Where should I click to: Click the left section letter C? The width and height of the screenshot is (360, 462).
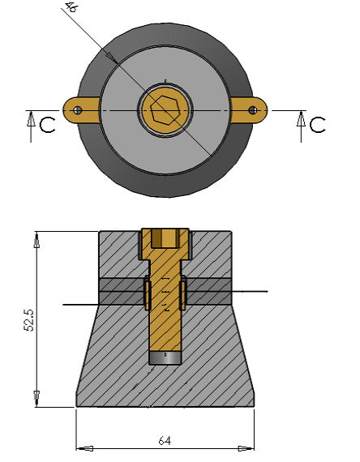[x=48, y=124]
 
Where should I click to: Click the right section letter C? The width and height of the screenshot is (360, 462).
[x=318, y=124]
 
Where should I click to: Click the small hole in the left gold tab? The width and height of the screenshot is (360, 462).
[x=76, y=109]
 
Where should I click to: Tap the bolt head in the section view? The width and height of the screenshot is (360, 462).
[x=166, y=238]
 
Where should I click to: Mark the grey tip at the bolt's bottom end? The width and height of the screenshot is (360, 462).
[x=166, y=358]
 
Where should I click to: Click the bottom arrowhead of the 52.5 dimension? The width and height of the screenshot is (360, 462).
[x=36, y=400]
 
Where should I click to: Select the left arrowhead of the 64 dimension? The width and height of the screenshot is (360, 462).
[x=84, y=447]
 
